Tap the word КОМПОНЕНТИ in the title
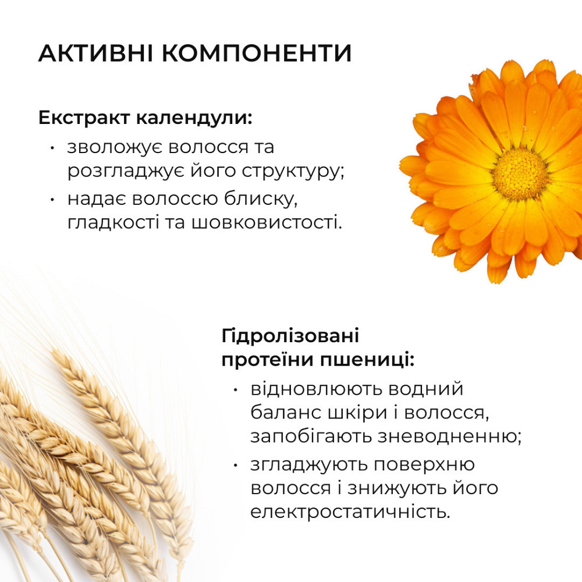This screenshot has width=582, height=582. click(x=256, y=53)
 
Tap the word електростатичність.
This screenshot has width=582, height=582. click(x=350, y=512)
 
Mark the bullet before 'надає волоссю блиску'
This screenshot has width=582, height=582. click(x=54, y=199)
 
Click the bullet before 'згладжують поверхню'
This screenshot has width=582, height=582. click(x=235, y=465)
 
